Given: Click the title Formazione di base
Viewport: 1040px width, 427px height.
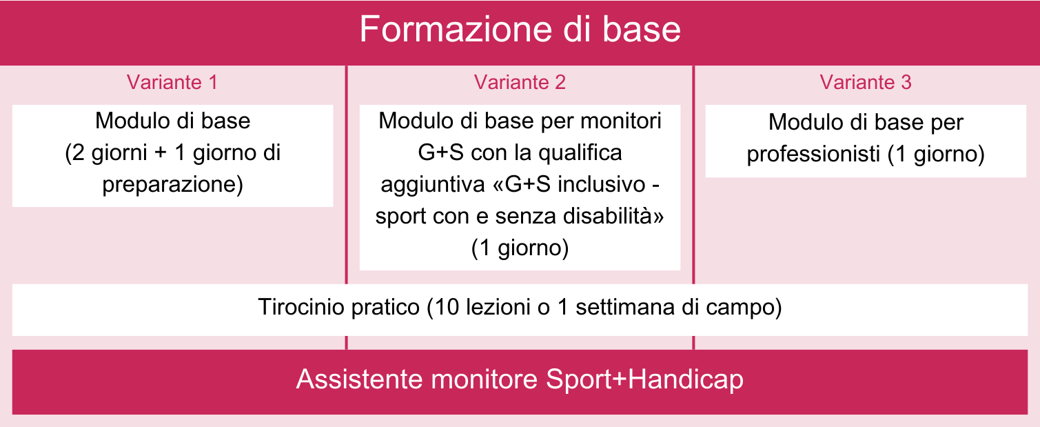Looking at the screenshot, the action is pyautogui.click(x=520, y=29).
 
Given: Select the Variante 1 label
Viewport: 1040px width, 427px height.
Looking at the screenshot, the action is pyautogui.click(x=172, y=82).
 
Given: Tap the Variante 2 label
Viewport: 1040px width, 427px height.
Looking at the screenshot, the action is pyautogui.click(x=520, y=82).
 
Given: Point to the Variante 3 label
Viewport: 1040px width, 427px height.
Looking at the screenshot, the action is pyautogui.click(x=866, y=82).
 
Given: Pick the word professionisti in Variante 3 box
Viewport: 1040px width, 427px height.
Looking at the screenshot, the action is pyautogui.click(x=813, y=155).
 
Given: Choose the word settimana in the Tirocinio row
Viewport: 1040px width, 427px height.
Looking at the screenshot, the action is pyautogui.click(x=625, y=307).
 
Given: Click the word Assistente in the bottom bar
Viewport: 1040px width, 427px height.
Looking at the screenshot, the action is pyautogui.click(x=359, y=379).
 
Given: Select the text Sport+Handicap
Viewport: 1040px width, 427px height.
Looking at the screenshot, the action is pyautogui.click(x=644, y=379).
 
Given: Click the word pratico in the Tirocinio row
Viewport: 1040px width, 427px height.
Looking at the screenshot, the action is pyautogui.click(x=385, y=308).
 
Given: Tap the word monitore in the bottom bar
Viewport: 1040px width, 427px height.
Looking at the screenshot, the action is pyautogui.click(x=485, y=379).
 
